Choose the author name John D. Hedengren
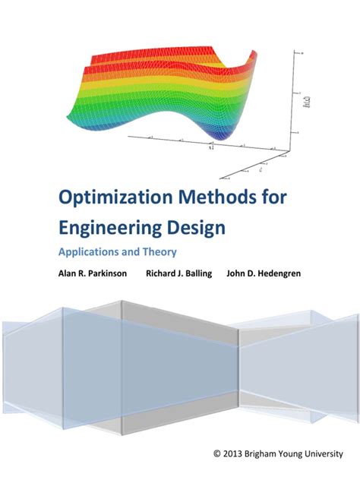coord(263,273)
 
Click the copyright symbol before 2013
coord(219,454)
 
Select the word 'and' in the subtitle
coord(130,252)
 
